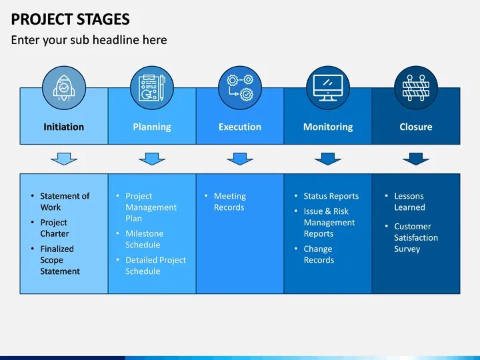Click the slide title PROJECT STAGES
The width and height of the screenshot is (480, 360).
point(70,19)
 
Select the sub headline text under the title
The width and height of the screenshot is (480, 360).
point(89,40)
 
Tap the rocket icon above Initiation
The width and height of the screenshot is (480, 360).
point(64,88)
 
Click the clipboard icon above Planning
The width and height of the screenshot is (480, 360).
point(152,88)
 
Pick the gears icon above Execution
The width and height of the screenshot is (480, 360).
point(240,88)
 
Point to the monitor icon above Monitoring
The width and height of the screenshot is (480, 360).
point(328,88)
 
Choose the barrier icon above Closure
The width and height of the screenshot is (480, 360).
point(416,88)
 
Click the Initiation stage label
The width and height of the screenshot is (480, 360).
point(64,127)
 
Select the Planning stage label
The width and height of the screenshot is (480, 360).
point(152,127)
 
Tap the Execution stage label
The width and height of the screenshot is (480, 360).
point(240,127)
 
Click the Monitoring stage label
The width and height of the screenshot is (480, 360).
point(328,127)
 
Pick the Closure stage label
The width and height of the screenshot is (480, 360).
point(416,127)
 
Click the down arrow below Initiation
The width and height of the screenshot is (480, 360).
point(64,159)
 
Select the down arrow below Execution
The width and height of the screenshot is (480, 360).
point(240,159)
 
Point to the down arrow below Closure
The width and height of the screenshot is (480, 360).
point(416,159)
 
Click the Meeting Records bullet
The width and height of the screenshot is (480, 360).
point(229,201)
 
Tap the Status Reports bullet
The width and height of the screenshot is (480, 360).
point(331,196)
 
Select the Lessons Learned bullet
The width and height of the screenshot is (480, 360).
point(409,201)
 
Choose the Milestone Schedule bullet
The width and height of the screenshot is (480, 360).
point(144,239)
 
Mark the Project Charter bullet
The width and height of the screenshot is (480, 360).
point(54,228)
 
